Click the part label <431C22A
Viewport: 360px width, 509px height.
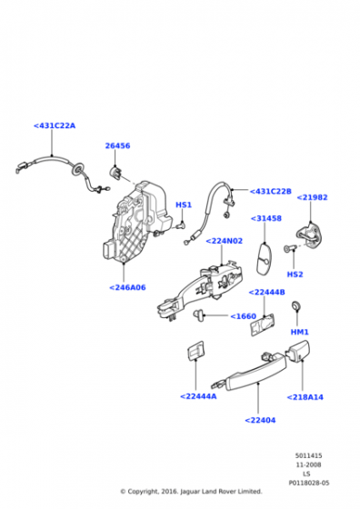pyautogui.click(x=55, y=125)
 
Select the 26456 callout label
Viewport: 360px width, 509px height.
pyautogui.click(x=117, y=145)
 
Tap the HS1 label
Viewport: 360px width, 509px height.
pyautogui.click(x=184, y=205)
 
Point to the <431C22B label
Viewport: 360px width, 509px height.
pyautogui.click(x=270, y=191)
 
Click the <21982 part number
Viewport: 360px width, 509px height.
pyautogui.click(x=313, y=197)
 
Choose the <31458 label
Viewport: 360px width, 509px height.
pyautogui.click(x=266, y=218)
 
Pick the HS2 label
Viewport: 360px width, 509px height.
pyautogui.click(x=295, y=274)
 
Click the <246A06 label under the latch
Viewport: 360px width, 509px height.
pyautogui.click(x=127, y=287)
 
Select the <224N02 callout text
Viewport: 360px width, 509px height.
pyautogui.click(x=225, y=241)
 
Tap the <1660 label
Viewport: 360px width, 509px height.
pyautogui.click(x=243, y=316)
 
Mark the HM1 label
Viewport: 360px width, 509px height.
pyautogui.click(x=300, y=332)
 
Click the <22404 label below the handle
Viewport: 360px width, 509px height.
pyautogui.click(x=260, y=420)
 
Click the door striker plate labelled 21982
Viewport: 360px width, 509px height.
pyautogui.click(x=310, y=235)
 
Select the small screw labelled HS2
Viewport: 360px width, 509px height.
pyautogui.click(x=291, y=249)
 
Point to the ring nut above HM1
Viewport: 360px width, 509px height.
pyautogui.click(x=296, y=305)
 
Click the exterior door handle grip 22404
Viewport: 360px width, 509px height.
pyautogui.click(x=256, y=373)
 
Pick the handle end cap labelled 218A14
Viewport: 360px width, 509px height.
pyautogui.click(x=297, y=351)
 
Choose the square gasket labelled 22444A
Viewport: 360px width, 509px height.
pyautogui.click(x=196, y=350)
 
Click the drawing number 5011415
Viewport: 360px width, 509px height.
pyautogui.click(x=309, y=456)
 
